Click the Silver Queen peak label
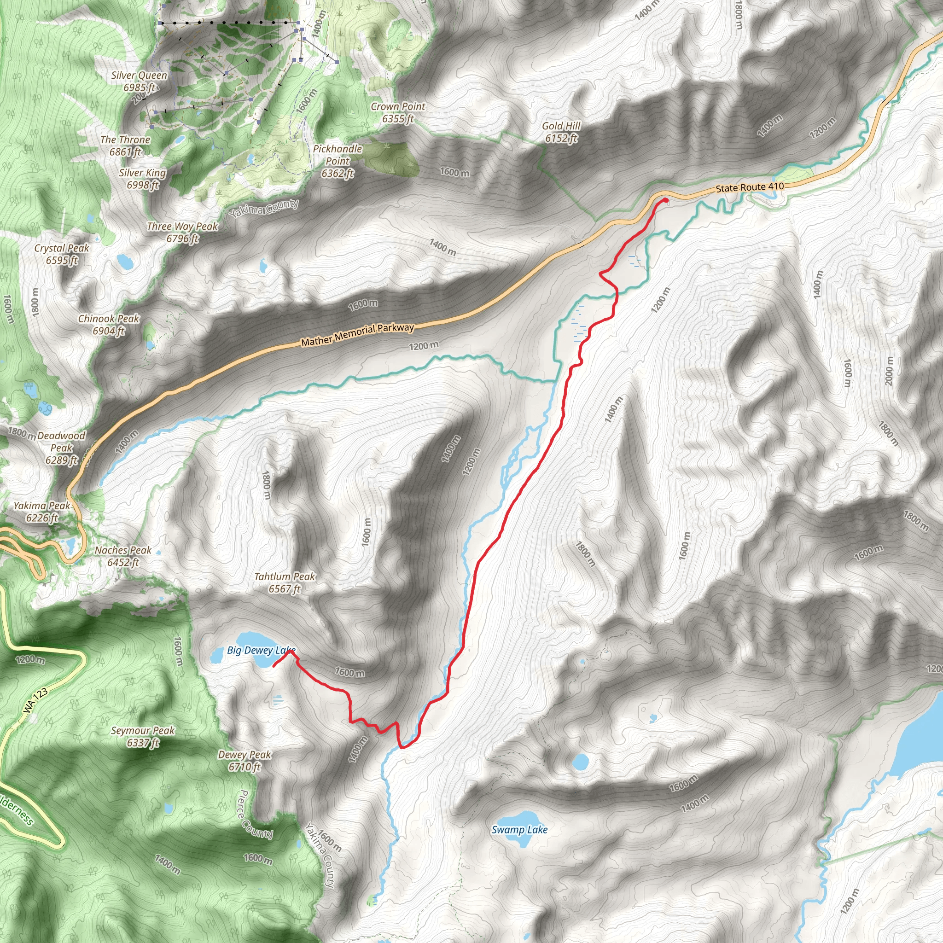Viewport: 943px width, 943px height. pyautogui.click(x=139, y=81)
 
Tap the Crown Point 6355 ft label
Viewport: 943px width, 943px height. pyautogui.click(x=398, y=112)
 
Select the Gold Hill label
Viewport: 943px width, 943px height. pyautogui.click(x=561, y=132)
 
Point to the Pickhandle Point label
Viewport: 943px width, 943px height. pyautogui.click(x=338, y=161)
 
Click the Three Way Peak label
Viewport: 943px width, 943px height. pyautogui.click(x=182, y=233)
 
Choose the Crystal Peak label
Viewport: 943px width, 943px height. pyautogui.click(x=62, y=254)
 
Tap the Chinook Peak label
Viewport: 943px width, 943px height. pyautogui.click(x=109, y=325)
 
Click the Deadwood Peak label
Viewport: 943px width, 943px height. pyautogui.click(x=61, y=448)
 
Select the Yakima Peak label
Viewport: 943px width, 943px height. pyautogui.click(x=42, y=512)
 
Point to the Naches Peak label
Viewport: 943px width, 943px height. pyautogui.click(x=123, y=556)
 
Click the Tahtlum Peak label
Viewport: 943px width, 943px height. pyautogui.click(x=285, y=583)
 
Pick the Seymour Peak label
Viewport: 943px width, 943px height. pyautogui.click(x=143, y=737)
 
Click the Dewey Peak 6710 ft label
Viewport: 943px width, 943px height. pyautogui.click(x=244, y=761)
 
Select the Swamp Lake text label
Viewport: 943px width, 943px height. pyautogui.click(x=519, y=830)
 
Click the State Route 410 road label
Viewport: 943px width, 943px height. pyautogui.click(x=750, y=187)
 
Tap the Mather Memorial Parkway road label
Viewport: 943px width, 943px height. pyautogui.click(x=357, y=335)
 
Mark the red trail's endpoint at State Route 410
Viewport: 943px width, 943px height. pyautogui.click(x=666, y=200)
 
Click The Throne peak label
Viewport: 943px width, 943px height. pyautogui.click(x=125, y=146)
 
